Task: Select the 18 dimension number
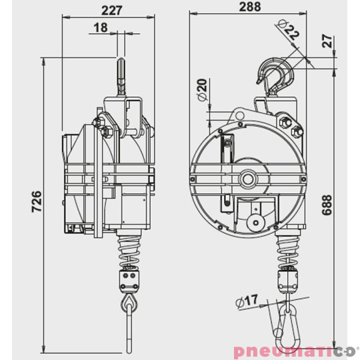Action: (101, 27)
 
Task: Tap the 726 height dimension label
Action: (37, 203)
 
